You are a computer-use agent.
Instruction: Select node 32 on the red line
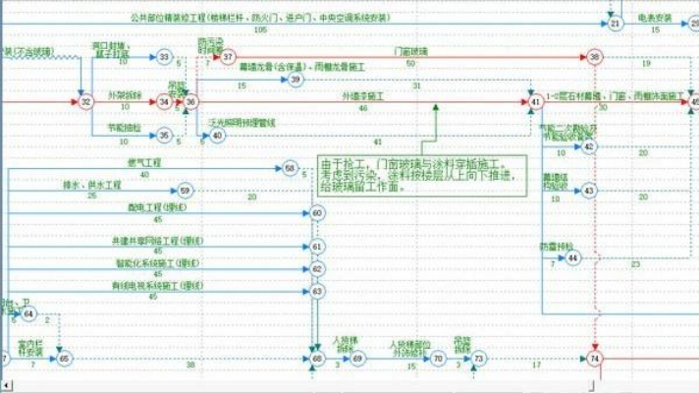click(86, 101)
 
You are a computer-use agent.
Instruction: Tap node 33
click(165, 58)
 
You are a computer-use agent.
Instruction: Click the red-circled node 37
click(229, 59)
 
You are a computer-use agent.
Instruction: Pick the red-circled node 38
click(595, 59)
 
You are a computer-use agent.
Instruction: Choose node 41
click(535, 101)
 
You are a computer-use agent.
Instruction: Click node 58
click(290, 169)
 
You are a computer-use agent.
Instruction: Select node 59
click(187, 190)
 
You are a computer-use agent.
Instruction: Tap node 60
click(317, 212)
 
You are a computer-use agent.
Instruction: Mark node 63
click(317, 292)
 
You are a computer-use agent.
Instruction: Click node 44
click(573, 257)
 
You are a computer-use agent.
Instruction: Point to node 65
click(65, 360)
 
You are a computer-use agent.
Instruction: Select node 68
click(317, 360)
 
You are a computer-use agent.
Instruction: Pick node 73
click(478, 360)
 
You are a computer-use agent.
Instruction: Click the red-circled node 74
click(595, 360)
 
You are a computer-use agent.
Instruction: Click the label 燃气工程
click(144, 162)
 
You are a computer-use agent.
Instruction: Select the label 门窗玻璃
click(410, 50)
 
